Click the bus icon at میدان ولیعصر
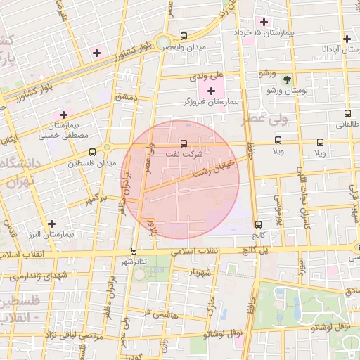pos(184,36)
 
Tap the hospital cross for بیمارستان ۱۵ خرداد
pos(264,21)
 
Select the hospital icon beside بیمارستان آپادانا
pos(347,39)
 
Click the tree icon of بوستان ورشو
pos(287,79)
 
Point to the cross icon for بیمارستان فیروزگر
pos(212,91)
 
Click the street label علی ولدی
pos(209,74)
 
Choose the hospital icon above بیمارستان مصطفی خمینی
pos(64,114)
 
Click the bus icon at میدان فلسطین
pos(92,152)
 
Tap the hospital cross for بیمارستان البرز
pos(51,224)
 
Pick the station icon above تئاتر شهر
pos(134,250)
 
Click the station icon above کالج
pos(258,224)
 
